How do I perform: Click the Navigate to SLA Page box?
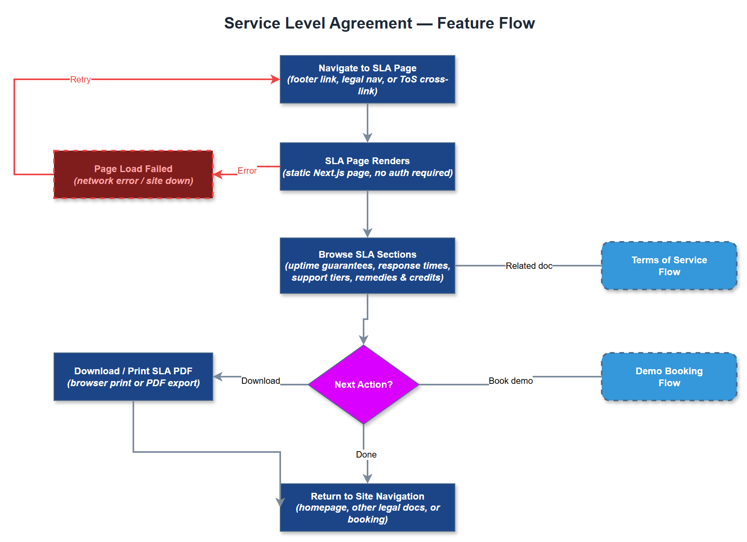[367, 79]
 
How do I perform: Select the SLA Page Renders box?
[367, 167]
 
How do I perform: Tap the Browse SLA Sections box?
[367, 266]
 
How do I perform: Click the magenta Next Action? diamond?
[363, 384]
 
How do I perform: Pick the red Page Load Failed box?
[133, 174]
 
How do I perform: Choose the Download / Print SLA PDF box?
[133, 377]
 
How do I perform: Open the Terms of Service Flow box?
[669, 266]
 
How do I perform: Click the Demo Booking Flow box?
[669, 377]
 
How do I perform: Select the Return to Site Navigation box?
[367, 508]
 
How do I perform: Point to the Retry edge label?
[81, 79]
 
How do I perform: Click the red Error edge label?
[247, 170]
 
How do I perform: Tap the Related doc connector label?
[529, 266]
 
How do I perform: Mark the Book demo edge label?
[510, 381]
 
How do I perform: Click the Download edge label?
[260, 381]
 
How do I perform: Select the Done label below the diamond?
[366, 454]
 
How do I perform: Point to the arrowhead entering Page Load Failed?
[218, 174]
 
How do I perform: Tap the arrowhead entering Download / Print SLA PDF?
[218, 377]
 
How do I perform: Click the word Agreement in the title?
[371, 23]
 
